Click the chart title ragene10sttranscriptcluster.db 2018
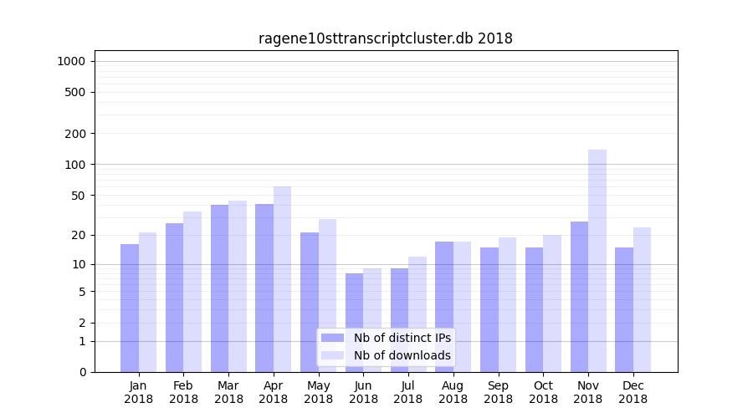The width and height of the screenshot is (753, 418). click(x=385, y=38)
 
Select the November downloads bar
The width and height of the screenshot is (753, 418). click(x=597, y=261)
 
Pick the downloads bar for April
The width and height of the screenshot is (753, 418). click(x=283, y=279)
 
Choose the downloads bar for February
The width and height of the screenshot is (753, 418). click(x=192, y=292)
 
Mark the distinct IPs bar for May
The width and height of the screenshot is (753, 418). click(x=310, y=302)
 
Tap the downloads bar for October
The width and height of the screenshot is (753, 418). click(x=552, y=303)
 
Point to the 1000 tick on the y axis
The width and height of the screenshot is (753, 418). click(x=71, y=61)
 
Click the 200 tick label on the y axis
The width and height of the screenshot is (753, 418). click(x=74, y=134)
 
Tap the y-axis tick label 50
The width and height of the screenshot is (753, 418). click(x=78, y=196)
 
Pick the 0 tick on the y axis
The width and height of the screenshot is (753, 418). click(x=81, y=372)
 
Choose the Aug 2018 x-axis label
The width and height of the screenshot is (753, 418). click(x=453, y=392)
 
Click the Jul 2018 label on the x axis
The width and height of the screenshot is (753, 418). click(x=408, y=392)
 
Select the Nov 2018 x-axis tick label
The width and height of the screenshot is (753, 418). click(x=588, y=392)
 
